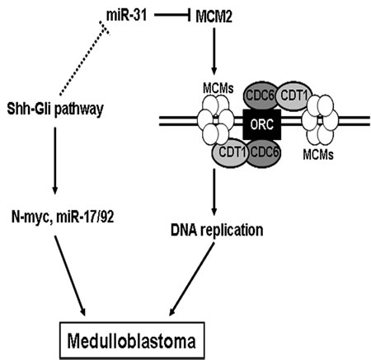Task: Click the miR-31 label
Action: [x=126, y=16]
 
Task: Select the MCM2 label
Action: [x=214, y=17]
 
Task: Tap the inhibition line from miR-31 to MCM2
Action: [x=172, y=16]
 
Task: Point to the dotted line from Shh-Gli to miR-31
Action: [x=82, y=59]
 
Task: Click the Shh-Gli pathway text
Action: [x=55, y=110]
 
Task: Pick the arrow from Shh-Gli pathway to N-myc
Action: [x=55, y=160]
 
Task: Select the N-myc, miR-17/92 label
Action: [x=63, y=217]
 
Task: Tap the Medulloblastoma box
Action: [x=132, y=340]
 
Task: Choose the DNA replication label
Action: [x=217, y=229]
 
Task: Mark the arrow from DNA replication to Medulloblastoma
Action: [x=191, y=279]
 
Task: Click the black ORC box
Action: [x=262, y=124]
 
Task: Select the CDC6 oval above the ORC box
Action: [x=261, y=96]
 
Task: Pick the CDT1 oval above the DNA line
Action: [x=294, y=96]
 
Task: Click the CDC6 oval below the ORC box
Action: [x=263, y=152]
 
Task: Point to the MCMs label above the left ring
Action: [x=218, y=89]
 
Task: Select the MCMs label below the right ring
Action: [x=318, y=155]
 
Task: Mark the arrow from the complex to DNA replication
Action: [x=214, y=193]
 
